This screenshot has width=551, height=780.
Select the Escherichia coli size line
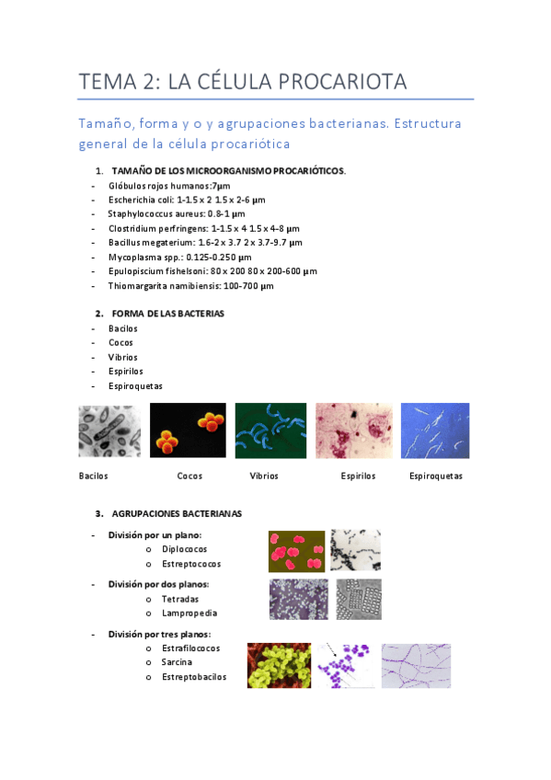(x=186, y=200)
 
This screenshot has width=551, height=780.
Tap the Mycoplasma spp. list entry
(x=178, y=257)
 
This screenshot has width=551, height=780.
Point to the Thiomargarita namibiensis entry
(x=190, y=286)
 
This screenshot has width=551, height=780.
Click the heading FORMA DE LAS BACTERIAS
(x=167, y=314)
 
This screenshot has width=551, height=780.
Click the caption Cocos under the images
(x=189, y=476)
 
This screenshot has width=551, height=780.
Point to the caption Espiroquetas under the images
(x=435, y=476)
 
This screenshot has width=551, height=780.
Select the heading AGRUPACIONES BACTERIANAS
(x=178, y=513)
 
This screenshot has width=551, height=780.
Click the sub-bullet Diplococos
(x=184, y=549)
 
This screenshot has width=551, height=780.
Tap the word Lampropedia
(x=189, y=614)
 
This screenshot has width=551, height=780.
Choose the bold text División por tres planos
(x=159, y=634)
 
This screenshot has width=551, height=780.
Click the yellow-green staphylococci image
(x=281, y=665)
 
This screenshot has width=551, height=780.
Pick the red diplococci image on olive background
(x=296, y=551)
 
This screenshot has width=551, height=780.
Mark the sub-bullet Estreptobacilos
(x=193, y=678)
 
